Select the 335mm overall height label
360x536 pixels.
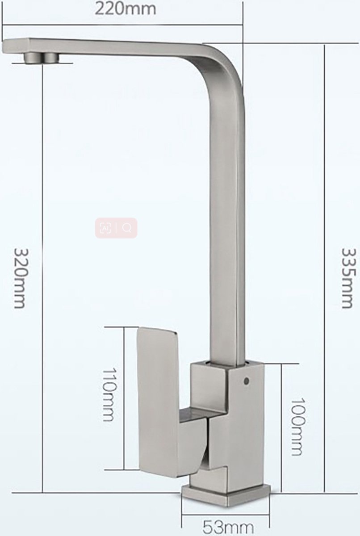pyautogui.click(x=349, y=277)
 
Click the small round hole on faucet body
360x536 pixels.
pyautogui.click(x=245, y=381)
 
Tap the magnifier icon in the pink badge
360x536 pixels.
pyautogui.click(x=127, y=228)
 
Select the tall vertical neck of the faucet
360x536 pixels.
pyautogui.click(x=227, y=223)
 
